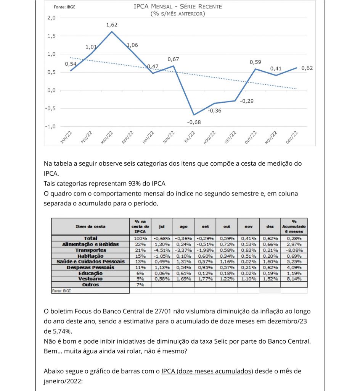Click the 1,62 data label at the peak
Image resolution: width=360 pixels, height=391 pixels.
point(112,25)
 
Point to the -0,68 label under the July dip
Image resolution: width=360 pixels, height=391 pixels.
point(194,122)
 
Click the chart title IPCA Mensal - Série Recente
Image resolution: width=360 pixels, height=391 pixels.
point(178,6)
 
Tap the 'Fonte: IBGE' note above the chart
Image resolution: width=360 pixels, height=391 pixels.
point(64,7)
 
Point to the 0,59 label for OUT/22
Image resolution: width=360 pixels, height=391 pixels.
point(256,62)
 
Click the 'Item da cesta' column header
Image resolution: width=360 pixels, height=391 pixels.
point(91,226)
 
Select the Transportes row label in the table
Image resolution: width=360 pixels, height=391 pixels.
point(91,250)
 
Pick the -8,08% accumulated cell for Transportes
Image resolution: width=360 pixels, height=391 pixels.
point(294,250)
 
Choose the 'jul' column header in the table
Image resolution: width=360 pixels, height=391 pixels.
point(162,226)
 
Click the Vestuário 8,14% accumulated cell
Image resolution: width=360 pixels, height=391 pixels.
point(294,279)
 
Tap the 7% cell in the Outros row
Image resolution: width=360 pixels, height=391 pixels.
point(140,285)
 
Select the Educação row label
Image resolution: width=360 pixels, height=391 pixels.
point(91,273)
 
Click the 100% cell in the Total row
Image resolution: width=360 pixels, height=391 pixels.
point(140,239)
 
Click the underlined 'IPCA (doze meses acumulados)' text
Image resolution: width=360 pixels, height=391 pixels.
point(207,371)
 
